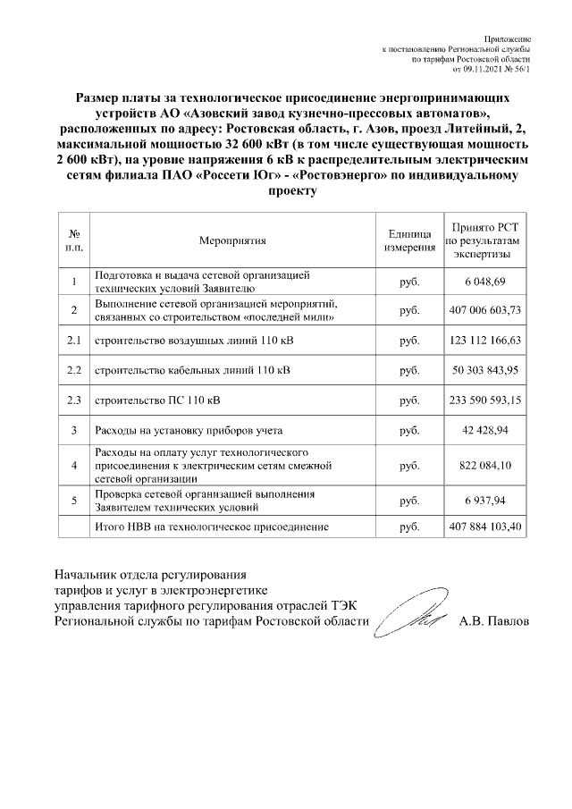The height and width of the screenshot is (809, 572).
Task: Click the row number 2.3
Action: click(x=74, y=400)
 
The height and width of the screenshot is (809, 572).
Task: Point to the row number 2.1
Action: click(x=74, y=341)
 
